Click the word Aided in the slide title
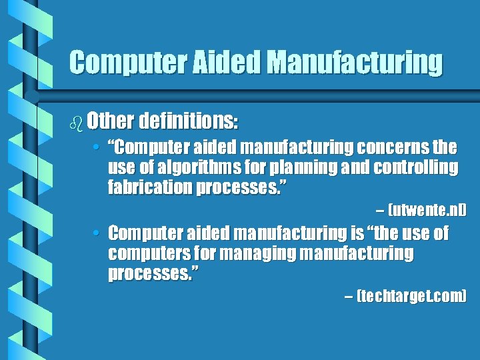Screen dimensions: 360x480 tap(225, 63)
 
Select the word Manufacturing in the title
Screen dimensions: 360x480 tap(355, 63)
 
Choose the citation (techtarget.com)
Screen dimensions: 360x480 tap(411, 295)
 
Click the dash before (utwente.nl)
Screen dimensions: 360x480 tap(379, 211)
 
